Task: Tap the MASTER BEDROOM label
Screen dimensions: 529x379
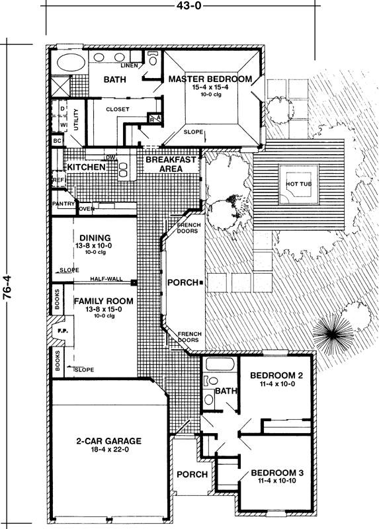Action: [x=210, y=79]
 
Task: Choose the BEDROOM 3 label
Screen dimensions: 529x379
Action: [x=276, y=473]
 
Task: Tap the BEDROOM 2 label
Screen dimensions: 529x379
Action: [x=276, y=376]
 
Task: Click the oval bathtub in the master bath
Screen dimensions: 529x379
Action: [x=67, y=65]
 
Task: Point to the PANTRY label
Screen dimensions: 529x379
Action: [x=64, y=204]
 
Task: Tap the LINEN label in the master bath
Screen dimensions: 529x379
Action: [x=129, y=65]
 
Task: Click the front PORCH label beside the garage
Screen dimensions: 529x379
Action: [x=192, y=474]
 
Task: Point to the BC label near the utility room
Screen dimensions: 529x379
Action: [x=57, y=141]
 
